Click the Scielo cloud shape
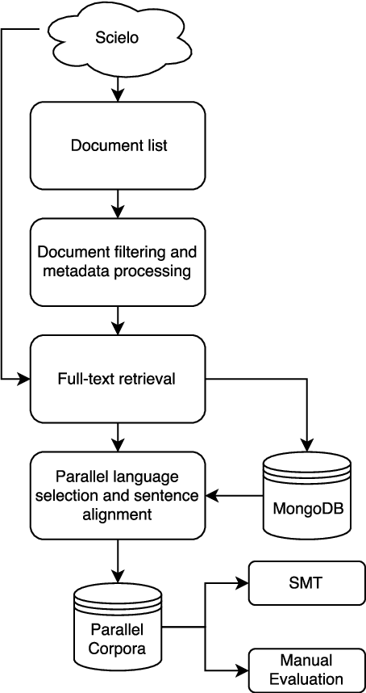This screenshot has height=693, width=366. pyautogui.click(x=119, y=37)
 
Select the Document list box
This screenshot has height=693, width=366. pyautogui.click(x=118, y=145)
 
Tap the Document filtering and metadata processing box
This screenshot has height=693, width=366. pyautogui.click(x=118, y=262)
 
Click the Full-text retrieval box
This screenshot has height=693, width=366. pyautogui.click(x=118, y=378)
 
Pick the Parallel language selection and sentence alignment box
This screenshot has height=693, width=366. pyautogui.click(x=118, y=495)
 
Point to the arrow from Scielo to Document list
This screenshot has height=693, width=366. pyautogui.click(x=119, y=89)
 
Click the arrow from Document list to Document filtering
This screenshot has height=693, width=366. pyautogui.click(x=119, y=204)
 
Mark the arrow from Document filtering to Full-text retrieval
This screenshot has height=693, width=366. pyautogui.click(x=119, y=320)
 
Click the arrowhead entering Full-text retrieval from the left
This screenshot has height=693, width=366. pyautogui.click(x=24, y=378)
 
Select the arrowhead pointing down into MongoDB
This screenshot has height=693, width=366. pyautogui.click(x=306, y=447)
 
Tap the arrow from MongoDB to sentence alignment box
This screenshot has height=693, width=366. pyautogui.click(x=234, y=495)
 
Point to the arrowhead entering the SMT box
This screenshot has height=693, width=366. pyautogui.click(x=243, y=583)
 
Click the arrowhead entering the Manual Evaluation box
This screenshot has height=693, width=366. pyautogui.click(x=243, y=670)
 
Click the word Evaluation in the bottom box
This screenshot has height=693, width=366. pyautogui.click(x=306, y=678)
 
